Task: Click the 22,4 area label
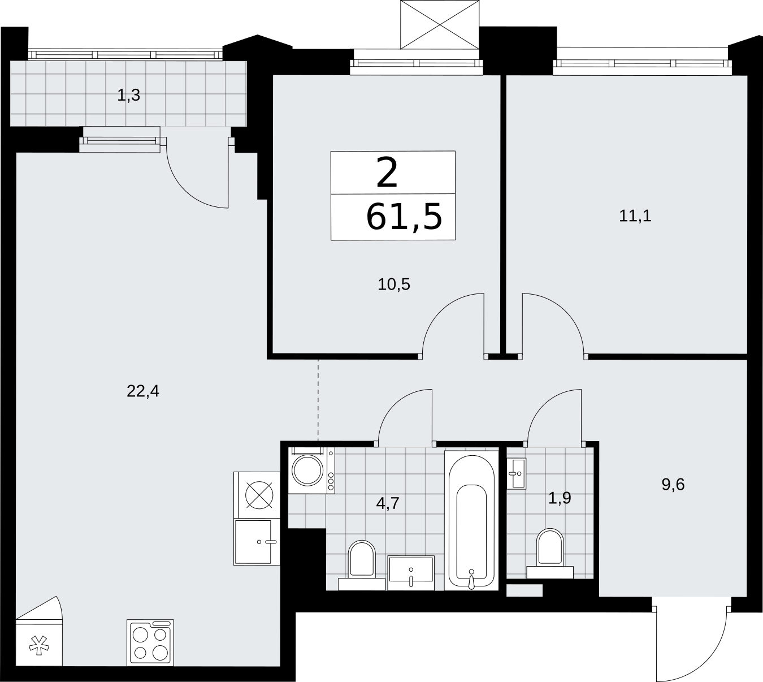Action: pos(143,392)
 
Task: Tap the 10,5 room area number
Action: pos(393,284)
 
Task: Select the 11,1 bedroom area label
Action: pos(635,216)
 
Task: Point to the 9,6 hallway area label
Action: pos(673,485)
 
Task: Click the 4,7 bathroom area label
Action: pos(388,503)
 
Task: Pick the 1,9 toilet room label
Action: pos(560,499)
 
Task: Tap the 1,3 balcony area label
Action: pos(128,96)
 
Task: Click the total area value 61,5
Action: pos(404,217)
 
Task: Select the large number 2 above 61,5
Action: pos(387,173)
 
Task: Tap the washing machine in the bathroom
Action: pos(311,470)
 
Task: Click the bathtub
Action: pos(471,520)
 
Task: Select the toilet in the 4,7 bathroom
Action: pos(362,565)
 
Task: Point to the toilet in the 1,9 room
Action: pos(550,553)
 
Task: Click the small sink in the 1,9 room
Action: pos(517,473)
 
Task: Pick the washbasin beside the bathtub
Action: pos(411,573)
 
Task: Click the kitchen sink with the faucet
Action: pos(257,542)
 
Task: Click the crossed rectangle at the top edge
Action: pos(440,24)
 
